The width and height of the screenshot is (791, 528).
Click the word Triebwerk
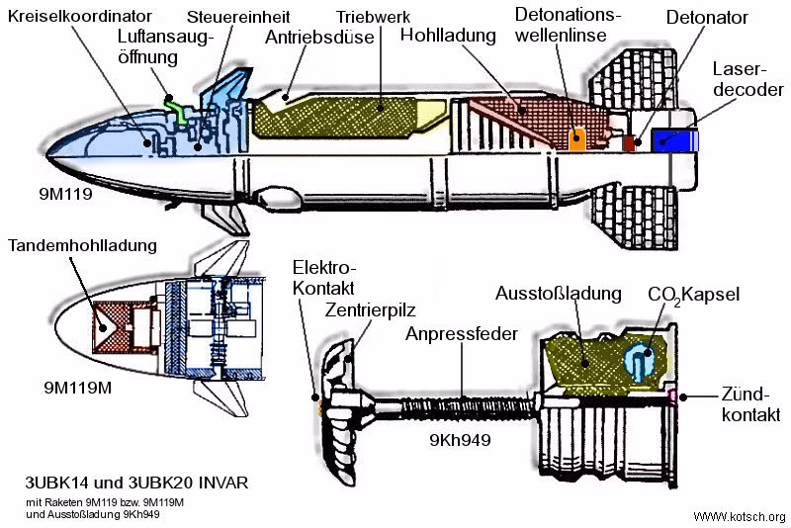[373, 18]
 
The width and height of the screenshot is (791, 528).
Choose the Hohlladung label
[448, 36]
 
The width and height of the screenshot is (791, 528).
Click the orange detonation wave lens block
[576, 137]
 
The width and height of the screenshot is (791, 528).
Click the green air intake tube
[176, 106]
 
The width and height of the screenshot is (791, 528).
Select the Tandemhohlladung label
[81, 246]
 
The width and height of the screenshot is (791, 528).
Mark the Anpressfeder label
[461, 334]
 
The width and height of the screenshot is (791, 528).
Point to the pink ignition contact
[674, 396]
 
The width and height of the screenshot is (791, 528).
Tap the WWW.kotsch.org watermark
[740, 517]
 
